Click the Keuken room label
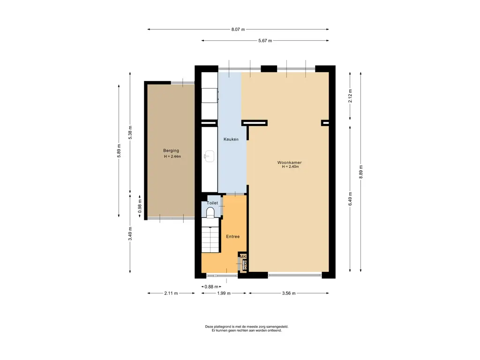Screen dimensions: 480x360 pos(231,139)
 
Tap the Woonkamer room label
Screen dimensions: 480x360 pos(289,163)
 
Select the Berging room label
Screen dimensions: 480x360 pos(171,150)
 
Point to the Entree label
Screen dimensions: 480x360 pos(232,237)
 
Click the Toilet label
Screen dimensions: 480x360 pos(212,203)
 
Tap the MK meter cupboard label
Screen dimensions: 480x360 pos(243,256)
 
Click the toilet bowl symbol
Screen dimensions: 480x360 pos(210,212)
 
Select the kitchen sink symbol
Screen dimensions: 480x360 pos(210,156)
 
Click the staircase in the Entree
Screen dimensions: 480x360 pos(211,240)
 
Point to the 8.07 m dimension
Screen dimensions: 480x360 pos(238,30)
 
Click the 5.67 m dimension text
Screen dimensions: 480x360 pos(265,41)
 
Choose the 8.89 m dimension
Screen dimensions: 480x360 pos(361,172)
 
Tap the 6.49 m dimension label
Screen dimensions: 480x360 pos(350,199)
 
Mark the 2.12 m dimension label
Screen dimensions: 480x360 pos(350,96)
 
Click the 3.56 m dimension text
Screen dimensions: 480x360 pos(289,293)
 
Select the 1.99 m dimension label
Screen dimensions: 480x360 pos(224,293)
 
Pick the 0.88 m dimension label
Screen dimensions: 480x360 pos(211,287)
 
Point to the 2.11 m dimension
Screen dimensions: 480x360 pos(171,293)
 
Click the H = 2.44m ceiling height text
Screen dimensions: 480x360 pos(172,157)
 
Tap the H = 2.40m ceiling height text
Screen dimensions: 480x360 pos(290,167)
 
